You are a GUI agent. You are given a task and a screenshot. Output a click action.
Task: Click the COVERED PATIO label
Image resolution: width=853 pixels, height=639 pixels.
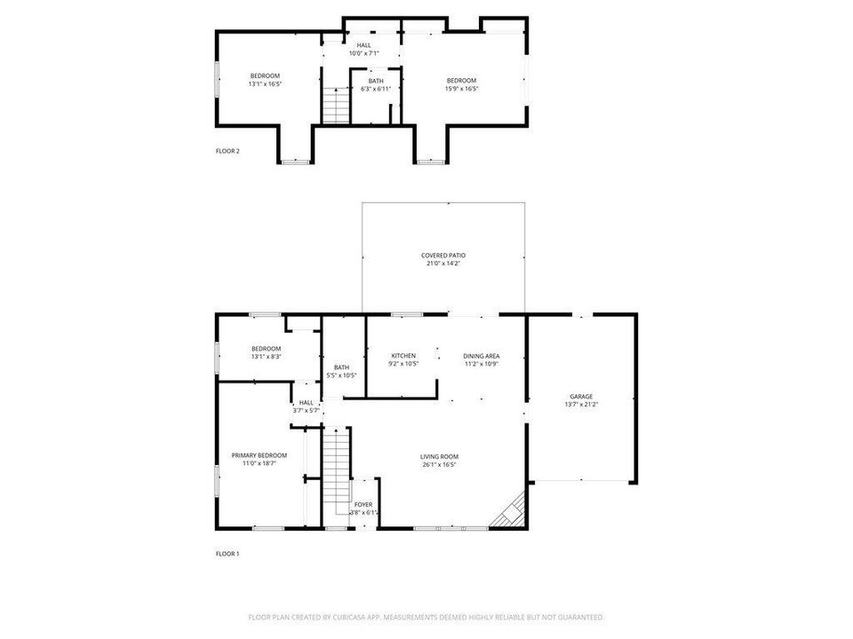443,256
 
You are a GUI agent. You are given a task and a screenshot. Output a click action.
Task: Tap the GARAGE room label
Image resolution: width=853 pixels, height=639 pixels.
581,397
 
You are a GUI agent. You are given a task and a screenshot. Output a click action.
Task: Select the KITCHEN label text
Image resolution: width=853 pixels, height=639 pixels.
403,356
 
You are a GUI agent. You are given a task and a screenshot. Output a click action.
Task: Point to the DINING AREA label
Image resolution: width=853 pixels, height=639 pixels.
480,356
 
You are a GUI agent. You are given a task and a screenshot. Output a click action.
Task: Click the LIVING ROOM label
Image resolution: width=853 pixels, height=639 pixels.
439,456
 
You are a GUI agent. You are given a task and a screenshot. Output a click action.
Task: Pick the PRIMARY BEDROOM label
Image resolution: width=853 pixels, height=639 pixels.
259,455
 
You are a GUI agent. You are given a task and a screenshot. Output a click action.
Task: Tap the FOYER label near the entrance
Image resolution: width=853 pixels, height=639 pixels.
363,505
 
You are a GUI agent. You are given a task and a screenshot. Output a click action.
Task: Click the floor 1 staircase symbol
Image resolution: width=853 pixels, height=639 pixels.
335,470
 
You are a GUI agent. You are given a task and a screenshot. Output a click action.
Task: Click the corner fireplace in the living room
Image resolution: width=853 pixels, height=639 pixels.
513,513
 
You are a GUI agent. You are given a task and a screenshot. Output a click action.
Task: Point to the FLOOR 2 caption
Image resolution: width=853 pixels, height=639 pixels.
227,151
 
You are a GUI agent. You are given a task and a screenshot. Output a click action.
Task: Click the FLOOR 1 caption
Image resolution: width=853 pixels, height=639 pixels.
227,554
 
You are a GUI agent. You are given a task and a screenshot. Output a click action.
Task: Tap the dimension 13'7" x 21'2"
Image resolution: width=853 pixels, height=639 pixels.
581,405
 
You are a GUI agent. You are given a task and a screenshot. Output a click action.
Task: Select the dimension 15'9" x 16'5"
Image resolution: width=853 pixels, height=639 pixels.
461,89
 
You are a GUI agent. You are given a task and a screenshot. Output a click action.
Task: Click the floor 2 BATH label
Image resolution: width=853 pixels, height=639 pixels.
376,81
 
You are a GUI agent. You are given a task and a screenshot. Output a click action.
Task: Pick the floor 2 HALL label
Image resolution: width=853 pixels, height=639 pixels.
363,45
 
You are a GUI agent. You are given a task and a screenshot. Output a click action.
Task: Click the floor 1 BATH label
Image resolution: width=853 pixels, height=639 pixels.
341,367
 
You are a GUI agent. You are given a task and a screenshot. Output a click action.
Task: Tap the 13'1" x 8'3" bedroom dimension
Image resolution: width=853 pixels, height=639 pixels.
266,357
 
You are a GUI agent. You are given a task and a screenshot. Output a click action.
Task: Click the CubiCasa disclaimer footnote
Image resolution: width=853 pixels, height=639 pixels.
426,617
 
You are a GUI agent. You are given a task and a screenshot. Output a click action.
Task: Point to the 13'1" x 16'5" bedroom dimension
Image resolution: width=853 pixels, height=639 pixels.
265,84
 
